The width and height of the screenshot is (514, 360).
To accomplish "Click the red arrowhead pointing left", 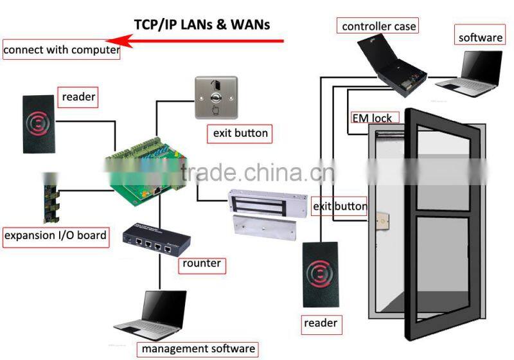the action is (x=119, y=41).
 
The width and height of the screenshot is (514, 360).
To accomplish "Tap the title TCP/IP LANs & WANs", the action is (x=202, y=24).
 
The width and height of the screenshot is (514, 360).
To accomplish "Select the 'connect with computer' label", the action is (x=61, y=50).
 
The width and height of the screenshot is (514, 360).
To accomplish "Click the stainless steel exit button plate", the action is (x=216, y=97).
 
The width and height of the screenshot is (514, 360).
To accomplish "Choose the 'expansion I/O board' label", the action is (x=56, y=235).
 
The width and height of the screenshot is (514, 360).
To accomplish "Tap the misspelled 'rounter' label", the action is (x=202, y=264).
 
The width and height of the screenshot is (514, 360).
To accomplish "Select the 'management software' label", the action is (x=198, y=348).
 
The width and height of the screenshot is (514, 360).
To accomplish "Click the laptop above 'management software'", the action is (x=153, y=316).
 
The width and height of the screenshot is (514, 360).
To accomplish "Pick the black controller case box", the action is (x=392, y=64).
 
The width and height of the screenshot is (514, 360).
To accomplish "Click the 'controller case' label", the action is (x=378, y=26).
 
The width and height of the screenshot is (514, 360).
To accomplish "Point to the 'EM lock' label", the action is (x=374, y=118).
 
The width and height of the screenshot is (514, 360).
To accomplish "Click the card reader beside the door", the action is (x=320, y=274).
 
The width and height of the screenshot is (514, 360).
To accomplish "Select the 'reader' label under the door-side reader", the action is (x=321, y=324).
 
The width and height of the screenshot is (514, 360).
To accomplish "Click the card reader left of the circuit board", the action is (x=39, y=124).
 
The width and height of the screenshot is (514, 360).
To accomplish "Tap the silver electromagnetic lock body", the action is (x=268, y=203).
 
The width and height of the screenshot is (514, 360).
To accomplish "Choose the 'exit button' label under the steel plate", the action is (x=240, y=134).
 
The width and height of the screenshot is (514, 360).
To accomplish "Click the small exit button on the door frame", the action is (x=382, y=221).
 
